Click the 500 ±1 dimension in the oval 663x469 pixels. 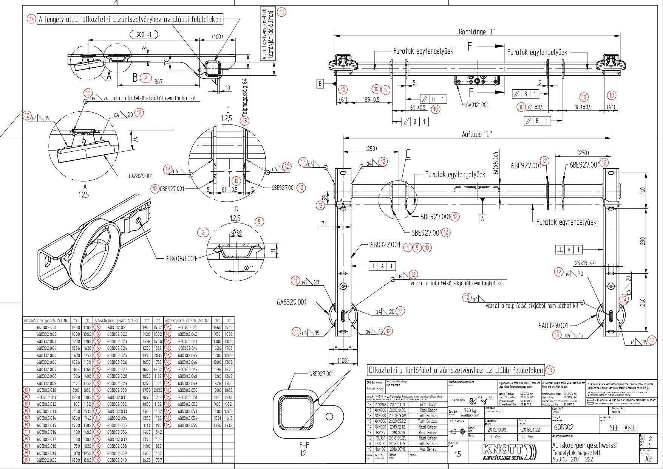[x=144, y=34]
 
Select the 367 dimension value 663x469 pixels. [x=159, y=81]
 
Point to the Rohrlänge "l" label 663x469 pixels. [x=477, y=32]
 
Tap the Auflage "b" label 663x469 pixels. [x=477, y=134]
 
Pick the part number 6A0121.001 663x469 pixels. [x=477, y=105]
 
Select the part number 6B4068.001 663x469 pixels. [x=181, y=259]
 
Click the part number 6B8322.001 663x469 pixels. [x=385, y=245]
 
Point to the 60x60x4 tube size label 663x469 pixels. [x=496, y=162]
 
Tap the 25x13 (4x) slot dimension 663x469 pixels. [x=585, y=263]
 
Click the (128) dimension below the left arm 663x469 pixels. [x=343, y=360]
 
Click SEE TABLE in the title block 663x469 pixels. [x=623, y=428]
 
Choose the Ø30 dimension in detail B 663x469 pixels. [x=236, y=232]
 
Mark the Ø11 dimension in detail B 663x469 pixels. [x=249, y=268]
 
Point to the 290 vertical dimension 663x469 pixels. [x=643, y=241]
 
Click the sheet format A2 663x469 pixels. [x=648, y=459]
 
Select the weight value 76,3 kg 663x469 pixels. [x=470, y=410]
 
